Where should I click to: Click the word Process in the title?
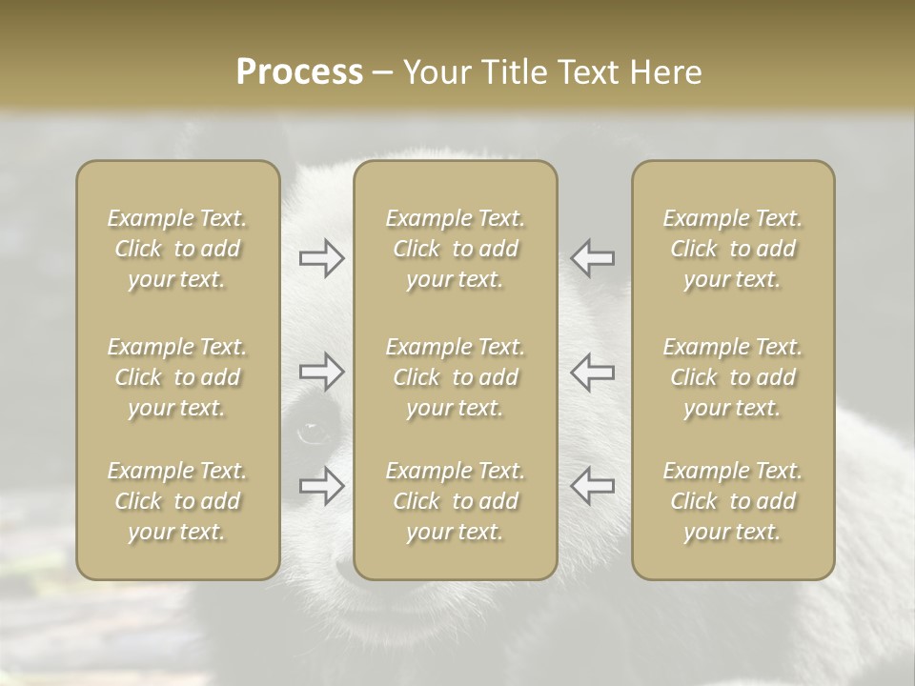[299, 72]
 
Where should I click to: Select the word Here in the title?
[664, 72]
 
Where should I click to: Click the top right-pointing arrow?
[322, 258]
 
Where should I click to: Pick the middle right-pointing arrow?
[322, 372]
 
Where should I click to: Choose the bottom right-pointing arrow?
[322, 485]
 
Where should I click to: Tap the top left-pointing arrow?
[592, 258]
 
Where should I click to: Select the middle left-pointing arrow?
[592, 372]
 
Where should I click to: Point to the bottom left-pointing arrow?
[592, 485]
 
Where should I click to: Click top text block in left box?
[177, 249]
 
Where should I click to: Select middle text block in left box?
[177, 377]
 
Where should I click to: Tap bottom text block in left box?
[177, 501]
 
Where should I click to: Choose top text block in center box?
[456, 249]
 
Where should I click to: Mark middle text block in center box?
[456, 377]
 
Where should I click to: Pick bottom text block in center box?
[456, 501]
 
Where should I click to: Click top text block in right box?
[733, 249]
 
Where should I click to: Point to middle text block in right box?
[733, 377]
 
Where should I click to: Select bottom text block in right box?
[733, 501]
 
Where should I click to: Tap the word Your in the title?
[437, 72]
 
